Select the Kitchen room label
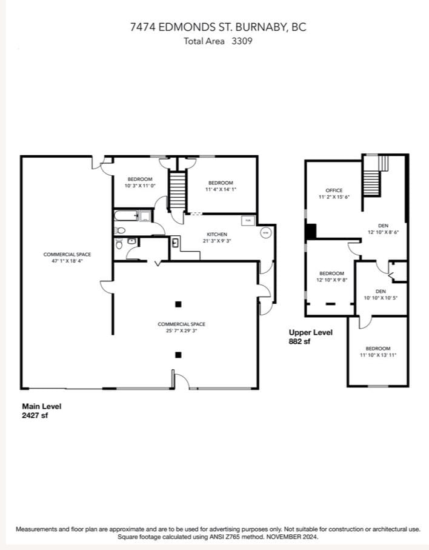click(217, 237)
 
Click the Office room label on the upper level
click(334, 193)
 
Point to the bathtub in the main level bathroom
click(126, 215)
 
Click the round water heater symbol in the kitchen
click(266, 232)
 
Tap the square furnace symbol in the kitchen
click(248, 220)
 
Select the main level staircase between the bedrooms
click(176, 190)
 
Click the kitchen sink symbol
click(175, 243)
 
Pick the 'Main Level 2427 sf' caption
click(42, 411)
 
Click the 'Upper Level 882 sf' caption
click(310, 337)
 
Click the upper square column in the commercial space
click(178, 304)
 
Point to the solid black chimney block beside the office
click(310, 232)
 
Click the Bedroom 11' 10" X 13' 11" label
click(377, 352)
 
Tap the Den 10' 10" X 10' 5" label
click(380, 295)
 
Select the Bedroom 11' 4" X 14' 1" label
click(221, 186)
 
